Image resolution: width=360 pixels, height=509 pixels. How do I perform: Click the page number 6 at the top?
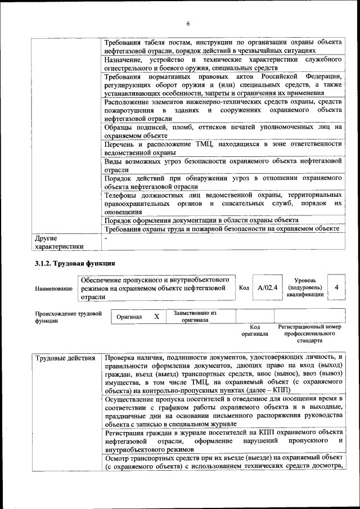click(x=188, y=23)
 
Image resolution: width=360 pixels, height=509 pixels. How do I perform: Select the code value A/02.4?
click(x=267, y=287)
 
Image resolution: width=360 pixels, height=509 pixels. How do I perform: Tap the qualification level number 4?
click(x=336, y=287)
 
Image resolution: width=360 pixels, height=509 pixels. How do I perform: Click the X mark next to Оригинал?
click(x=157, y=317)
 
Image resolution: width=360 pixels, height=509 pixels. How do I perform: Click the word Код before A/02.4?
click(x=244, y=287)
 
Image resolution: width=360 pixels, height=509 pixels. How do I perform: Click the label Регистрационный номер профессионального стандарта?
click(x=310, y=333)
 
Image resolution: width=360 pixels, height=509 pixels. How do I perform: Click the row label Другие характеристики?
click(x=59, y=241)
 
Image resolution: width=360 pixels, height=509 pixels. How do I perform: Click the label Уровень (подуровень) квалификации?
click(x=304, y=287)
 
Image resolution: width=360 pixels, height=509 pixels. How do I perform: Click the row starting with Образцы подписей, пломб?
click(x=223, y=131)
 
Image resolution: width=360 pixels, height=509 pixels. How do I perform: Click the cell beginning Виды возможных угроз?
click(x=223, y=165)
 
